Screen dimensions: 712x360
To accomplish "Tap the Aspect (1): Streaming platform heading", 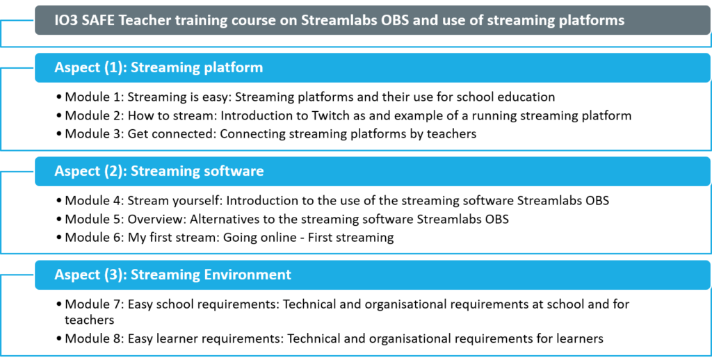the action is click(159, 67).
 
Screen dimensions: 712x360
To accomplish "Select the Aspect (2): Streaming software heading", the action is click(159, 171).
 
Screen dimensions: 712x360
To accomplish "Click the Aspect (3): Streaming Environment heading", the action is click(173, 275).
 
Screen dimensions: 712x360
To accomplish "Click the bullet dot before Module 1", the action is click(60, 97).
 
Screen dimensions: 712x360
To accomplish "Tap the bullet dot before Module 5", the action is click(60, 220).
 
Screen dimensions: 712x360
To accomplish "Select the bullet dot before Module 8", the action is click(60, 339).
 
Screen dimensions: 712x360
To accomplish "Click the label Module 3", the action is click(94, 134).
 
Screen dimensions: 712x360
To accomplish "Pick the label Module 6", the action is click(94, 238).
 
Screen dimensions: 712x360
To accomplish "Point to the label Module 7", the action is click(94, 304).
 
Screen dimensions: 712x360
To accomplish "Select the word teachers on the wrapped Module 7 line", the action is click(89, 320).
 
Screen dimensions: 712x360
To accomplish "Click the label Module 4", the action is click(94, 201).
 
